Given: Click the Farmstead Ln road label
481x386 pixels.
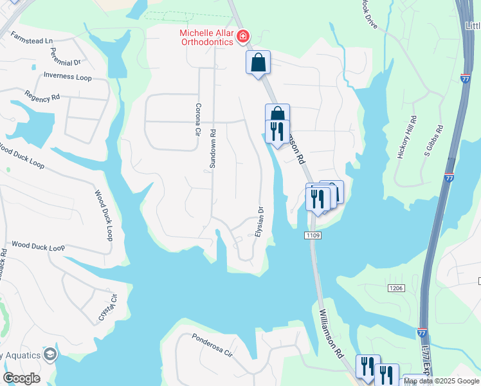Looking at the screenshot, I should [x=31, y=41].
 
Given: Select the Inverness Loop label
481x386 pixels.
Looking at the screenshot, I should [x=68, y=77].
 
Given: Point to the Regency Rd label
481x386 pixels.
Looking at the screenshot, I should [x=42, y=95].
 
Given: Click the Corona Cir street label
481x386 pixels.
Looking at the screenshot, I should [x=198, y=120].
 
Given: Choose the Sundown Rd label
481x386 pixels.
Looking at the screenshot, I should [x=213, y=149].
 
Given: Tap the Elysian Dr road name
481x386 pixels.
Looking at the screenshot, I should [x=260, y=221].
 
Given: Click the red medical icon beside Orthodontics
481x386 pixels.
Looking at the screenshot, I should [x=244, y=36].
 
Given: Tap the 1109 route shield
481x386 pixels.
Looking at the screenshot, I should [x=314, y=236].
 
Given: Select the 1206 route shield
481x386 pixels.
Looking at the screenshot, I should [x=396, y=289].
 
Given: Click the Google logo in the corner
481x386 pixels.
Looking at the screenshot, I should [x=22, y=378].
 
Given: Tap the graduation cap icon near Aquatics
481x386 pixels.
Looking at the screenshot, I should [x=50, y=354].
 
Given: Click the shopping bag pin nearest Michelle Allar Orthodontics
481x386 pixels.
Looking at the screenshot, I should [x=258, y=63].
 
